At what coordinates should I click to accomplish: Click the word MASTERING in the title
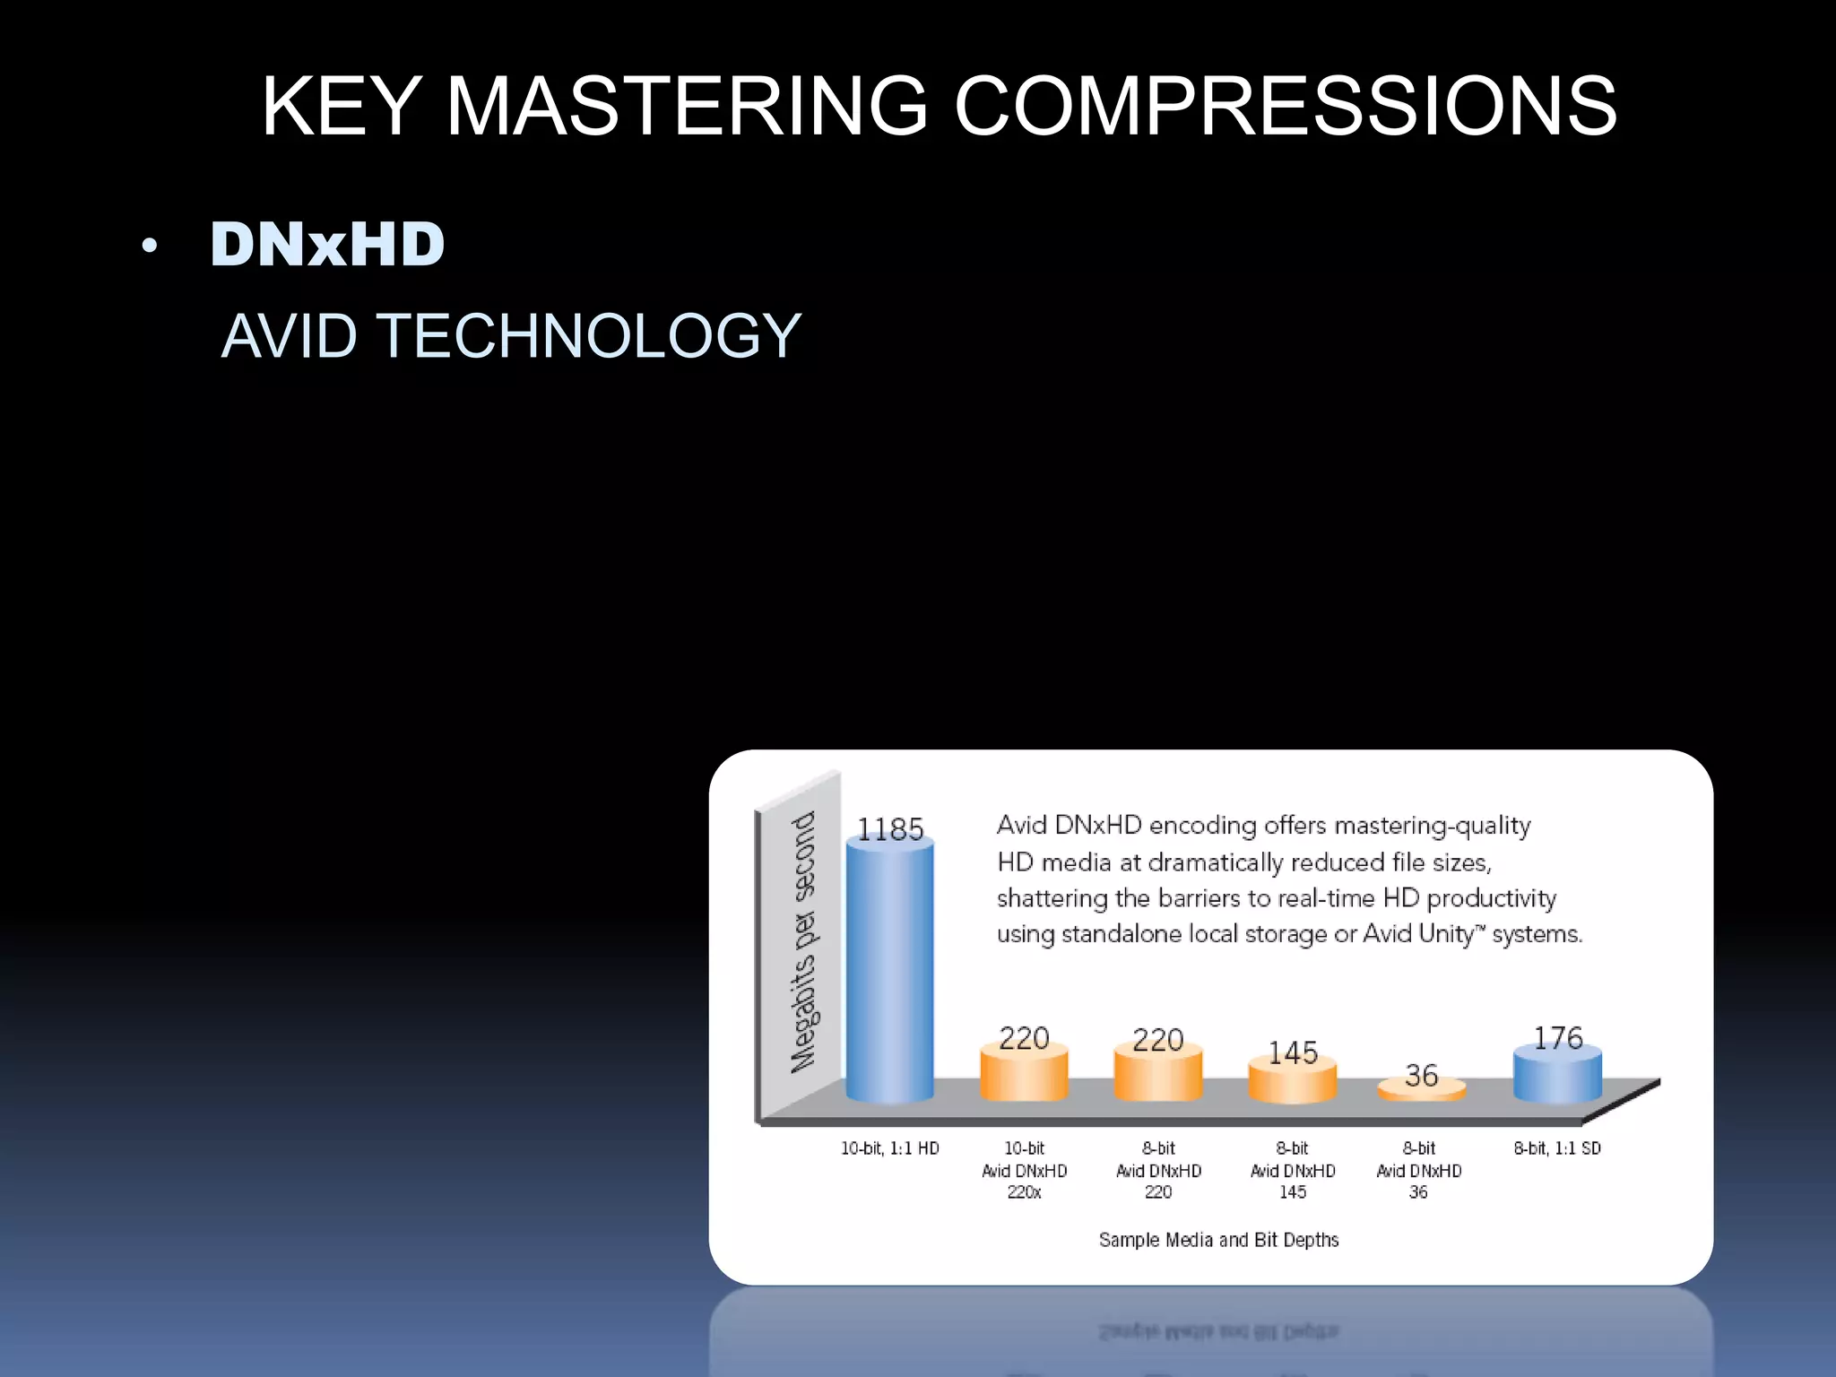click(686, 107)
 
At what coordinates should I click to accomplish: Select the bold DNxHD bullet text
click(327, 245)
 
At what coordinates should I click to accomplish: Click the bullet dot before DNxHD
click(150, 246)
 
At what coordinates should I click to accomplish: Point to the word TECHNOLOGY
click(588, 336)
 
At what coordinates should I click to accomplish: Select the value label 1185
click(889, 829)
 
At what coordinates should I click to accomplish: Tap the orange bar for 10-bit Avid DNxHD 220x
click(1024, 1076)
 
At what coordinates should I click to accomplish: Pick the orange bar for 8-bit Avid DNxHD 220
click(1157, 1076)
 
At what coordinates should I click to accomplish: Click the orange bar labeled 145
click(1292, 1082)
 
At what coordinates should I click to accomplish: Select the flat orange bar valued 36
click(1421, 1090)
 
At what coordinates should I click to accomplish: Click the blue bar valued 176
click(1557, 1076)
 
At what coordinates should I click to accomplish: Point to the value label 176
click(1557, 1037)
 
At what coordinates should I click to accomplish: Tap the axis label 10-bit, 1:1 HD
click(889, 1148)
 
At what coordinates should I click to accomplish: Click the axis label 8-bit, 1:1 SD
click(1557, 1148)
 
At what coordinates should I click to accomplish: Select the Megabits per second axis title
click(803, 941)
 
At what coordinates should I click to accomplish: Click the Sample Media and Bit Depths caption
click(1218, 1240)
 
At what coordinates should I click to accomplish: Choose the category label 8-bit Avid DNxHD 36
click(1418, 1170)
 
